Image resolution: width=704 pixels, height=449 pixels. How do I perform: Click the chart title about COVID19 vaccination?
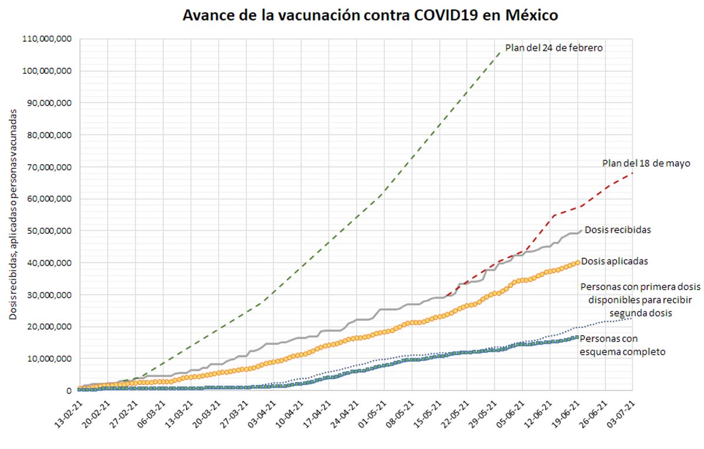(x=370, y=15)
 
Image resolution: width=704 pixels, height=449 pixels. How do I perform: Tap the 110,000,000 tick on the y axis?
(x=47, y=39)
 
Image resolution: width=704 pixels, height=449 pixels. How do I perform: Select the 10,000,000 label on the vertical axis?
(x=49, y=359)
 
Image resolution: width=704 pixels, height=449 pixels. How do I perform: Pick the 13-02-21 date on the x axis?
(x=69, y=414)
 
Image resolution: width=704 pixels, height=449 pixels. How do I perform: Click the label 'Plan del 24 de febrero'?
(x=553, y=48)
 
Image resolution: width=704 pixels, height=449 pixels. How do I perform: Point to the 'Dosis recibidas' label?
(x=617, y=230)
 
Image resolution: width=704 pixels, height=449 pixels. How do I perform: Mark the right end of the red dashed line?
(x=632, y=173)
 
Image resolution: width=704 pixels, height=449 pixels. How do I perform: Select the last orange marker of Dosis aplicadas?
(x=577, y=262)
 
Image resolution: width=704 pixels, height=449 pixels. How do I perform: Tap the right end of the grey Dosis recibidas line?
(x=581, y=231)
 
